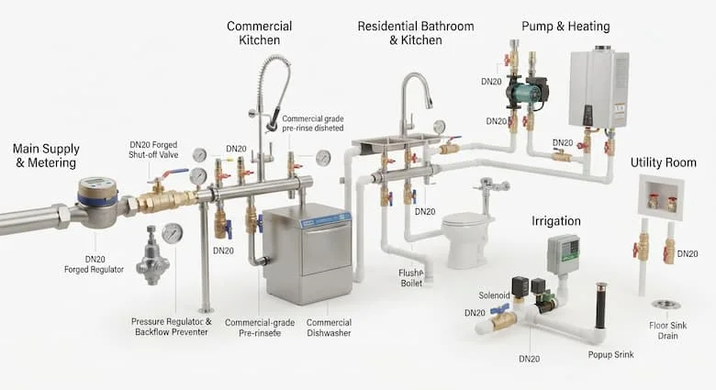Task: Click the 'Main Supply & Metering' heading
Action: (x=46, y=156)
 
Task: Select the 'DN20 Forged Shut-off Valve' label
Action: (x=153, y=150)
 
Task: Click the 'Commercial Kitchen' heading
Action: (x=260, y=33)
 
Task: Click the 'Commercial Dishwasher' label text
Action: (x=329, y=328)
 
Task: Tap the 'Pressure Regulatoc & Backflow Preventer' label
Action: (x=172, y=327)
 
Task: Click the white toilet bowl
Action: (x=465, y=240)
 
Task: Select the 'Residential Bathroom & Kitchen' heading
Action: (x=416, y=33)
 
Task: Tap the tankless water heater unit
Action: (x=599, y=89)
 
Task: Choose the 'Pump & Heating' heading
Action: (x=565, y=27)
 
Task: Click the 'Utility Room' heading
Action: (x=664, y=162)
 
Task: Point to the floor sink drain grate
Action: (x=666, y=305)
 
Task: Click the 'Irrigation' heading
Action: (x=556, y=221)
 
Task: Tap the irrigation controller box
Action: (x=565, y=255)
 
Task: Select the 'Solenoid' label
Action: (x=494, y=295)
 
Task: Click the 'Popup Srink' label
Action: (x=611, y=354)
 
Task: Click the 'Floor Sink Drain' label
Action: (x=668, y=330)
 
